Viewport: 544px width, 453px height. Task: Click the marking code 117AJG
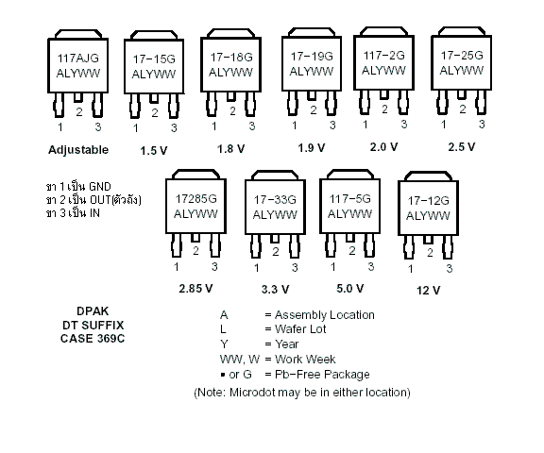pos(77,58)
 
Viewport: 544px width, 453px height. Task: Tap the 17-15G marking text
pos(154,59)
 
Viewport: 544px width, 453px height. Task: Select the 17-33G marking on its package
pos(275,200)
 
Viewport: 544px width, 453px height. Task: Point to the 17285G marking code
pos(196,199)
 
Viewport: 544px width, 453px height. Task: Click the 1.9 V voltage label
pos(312,148)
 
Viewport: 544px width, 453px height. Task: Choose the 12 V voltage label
pos(428,290)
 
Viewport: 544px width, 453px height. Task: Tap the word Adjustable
pos(78,150)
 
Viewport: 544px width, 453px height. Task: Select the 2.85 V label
pos(195,289)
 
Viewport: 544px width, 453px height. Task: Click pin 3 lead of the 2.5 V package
pos(481,102)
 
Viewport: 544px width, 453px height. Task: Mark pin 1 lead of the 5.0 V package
pos(331,244)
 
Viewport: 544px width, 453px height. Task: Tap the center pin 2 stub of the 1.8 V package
pos(231,96)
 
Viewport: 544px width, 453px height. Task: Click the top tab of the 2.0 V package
pos(383,31)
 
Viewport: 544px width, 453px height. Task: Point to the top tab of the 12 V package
pos(428,176)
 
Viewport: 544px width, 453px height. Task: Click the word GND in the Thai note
pos(100,187)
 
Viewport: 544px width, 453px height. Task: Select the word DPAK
pos(93,311)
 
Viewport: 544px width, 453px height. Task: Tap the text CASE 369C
pos(93,339)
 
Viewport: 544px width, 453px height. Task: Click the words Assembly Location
pos(325,315)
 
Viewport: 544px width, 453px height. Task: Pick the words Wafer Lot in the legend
pos(300,329)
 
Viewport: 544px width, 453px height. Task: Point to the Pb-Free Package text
pos(322,375)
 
